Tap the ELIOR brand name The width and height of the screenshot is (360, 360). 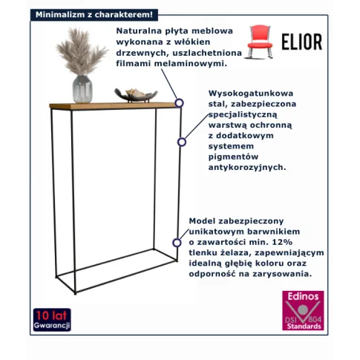tap(302, 42)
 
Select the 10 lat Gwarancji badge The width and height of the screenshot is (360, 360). tap(52, 320)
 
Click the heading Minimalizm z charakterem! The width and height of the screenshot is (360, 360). tap(94, 15)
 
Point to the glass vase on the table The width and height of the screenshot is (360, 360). tap(82, 88)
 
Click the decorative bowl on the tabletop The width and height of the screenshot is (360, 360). tap(136, 96)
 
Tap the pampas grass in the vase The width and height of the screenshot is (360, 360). tap(82, 51)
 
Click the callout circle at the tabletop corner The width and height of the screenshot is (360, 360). tap(179, 103)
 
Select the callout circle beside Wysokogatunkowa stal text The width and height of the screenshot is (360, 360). tap(182, 142)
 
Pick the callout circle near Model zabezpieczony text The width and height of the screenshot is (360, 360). tap(177, 243)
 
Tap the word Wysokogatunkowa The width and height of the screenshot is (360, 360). tap(251, 94)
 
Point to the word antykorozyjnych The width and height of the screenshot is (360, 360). tap(247, 168)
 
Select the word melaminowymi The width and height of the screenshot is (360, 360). tap(191, 64)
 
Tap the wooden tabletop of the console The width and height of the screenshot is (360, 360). tap(114, 105)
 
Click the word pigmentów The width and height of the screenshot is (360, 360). tap(233, 157)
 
